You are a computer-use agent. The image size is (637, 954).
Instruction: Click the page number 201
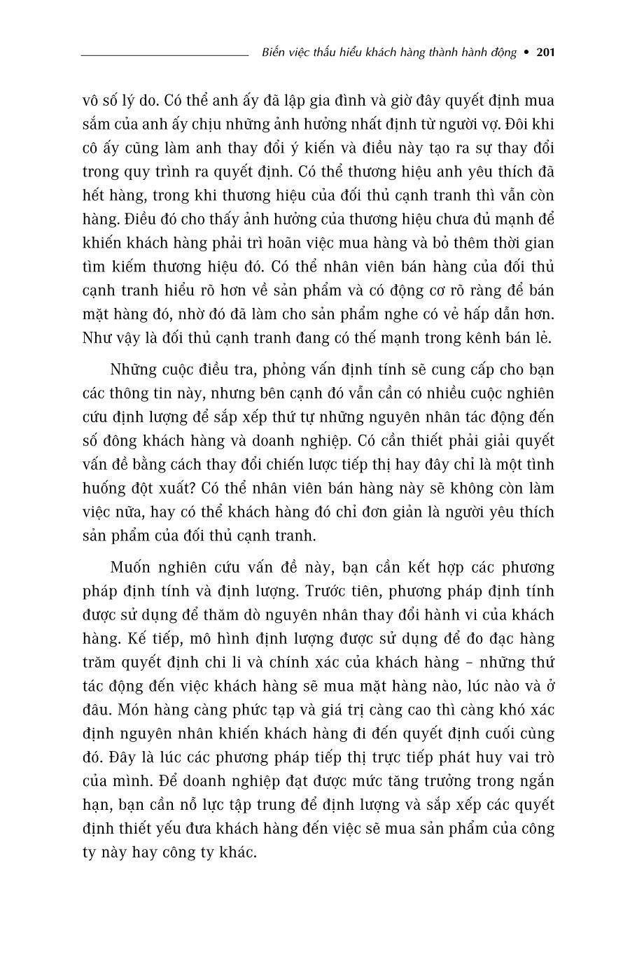[545, 52]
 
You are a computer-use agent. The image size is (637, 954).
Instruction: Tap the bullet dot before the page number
[527, 52]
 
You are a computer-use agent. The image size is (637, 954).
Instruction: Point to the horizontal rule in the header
[164, 53]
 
